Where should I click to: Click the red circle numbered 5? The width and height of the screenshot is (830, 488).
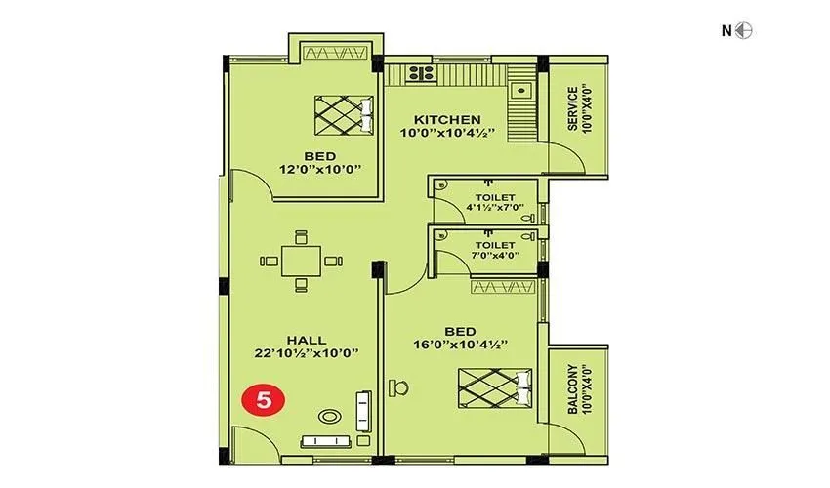coord(258,399)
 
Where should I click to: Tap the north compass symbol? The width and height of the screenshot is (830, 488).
coord(744,30)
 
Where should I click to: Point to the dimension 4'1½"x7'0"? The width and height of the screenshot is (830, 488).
coord(494,207)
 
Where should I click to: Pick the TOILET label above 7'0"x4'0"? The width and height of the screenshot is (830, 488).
coord(494,244)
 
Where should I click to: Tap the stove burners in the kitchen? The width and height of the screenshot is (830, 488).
coord(422,72)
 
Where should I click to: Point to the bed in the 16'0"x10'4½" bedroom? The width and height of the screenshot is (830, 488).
coord(494,386)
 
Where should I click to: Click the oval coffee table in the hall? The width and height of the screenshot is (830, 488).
coord(331,416)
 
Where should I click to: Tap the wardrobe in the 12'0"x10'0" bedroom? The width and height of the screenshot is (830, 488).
coord(336,52)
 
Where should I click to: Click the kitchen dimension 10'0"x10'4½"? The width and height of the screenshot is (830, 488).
coord(447,133)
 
